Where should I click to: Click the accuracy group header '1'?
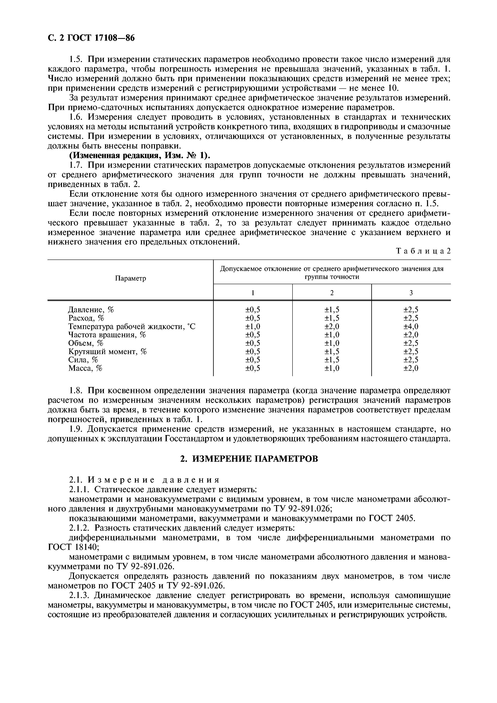(253, 293)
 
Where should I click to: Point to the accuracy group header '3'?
(411, 293)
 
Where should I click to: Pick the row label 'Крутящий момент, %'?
(107, 351)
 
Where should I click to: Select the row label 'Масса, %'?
(85, 368)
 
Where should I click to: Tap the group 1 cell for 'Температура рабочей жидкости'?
(253, 326)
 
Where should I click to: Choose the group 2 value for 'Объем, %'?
(332, 343)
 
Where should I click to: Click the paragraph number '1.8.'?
(77, 391)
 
